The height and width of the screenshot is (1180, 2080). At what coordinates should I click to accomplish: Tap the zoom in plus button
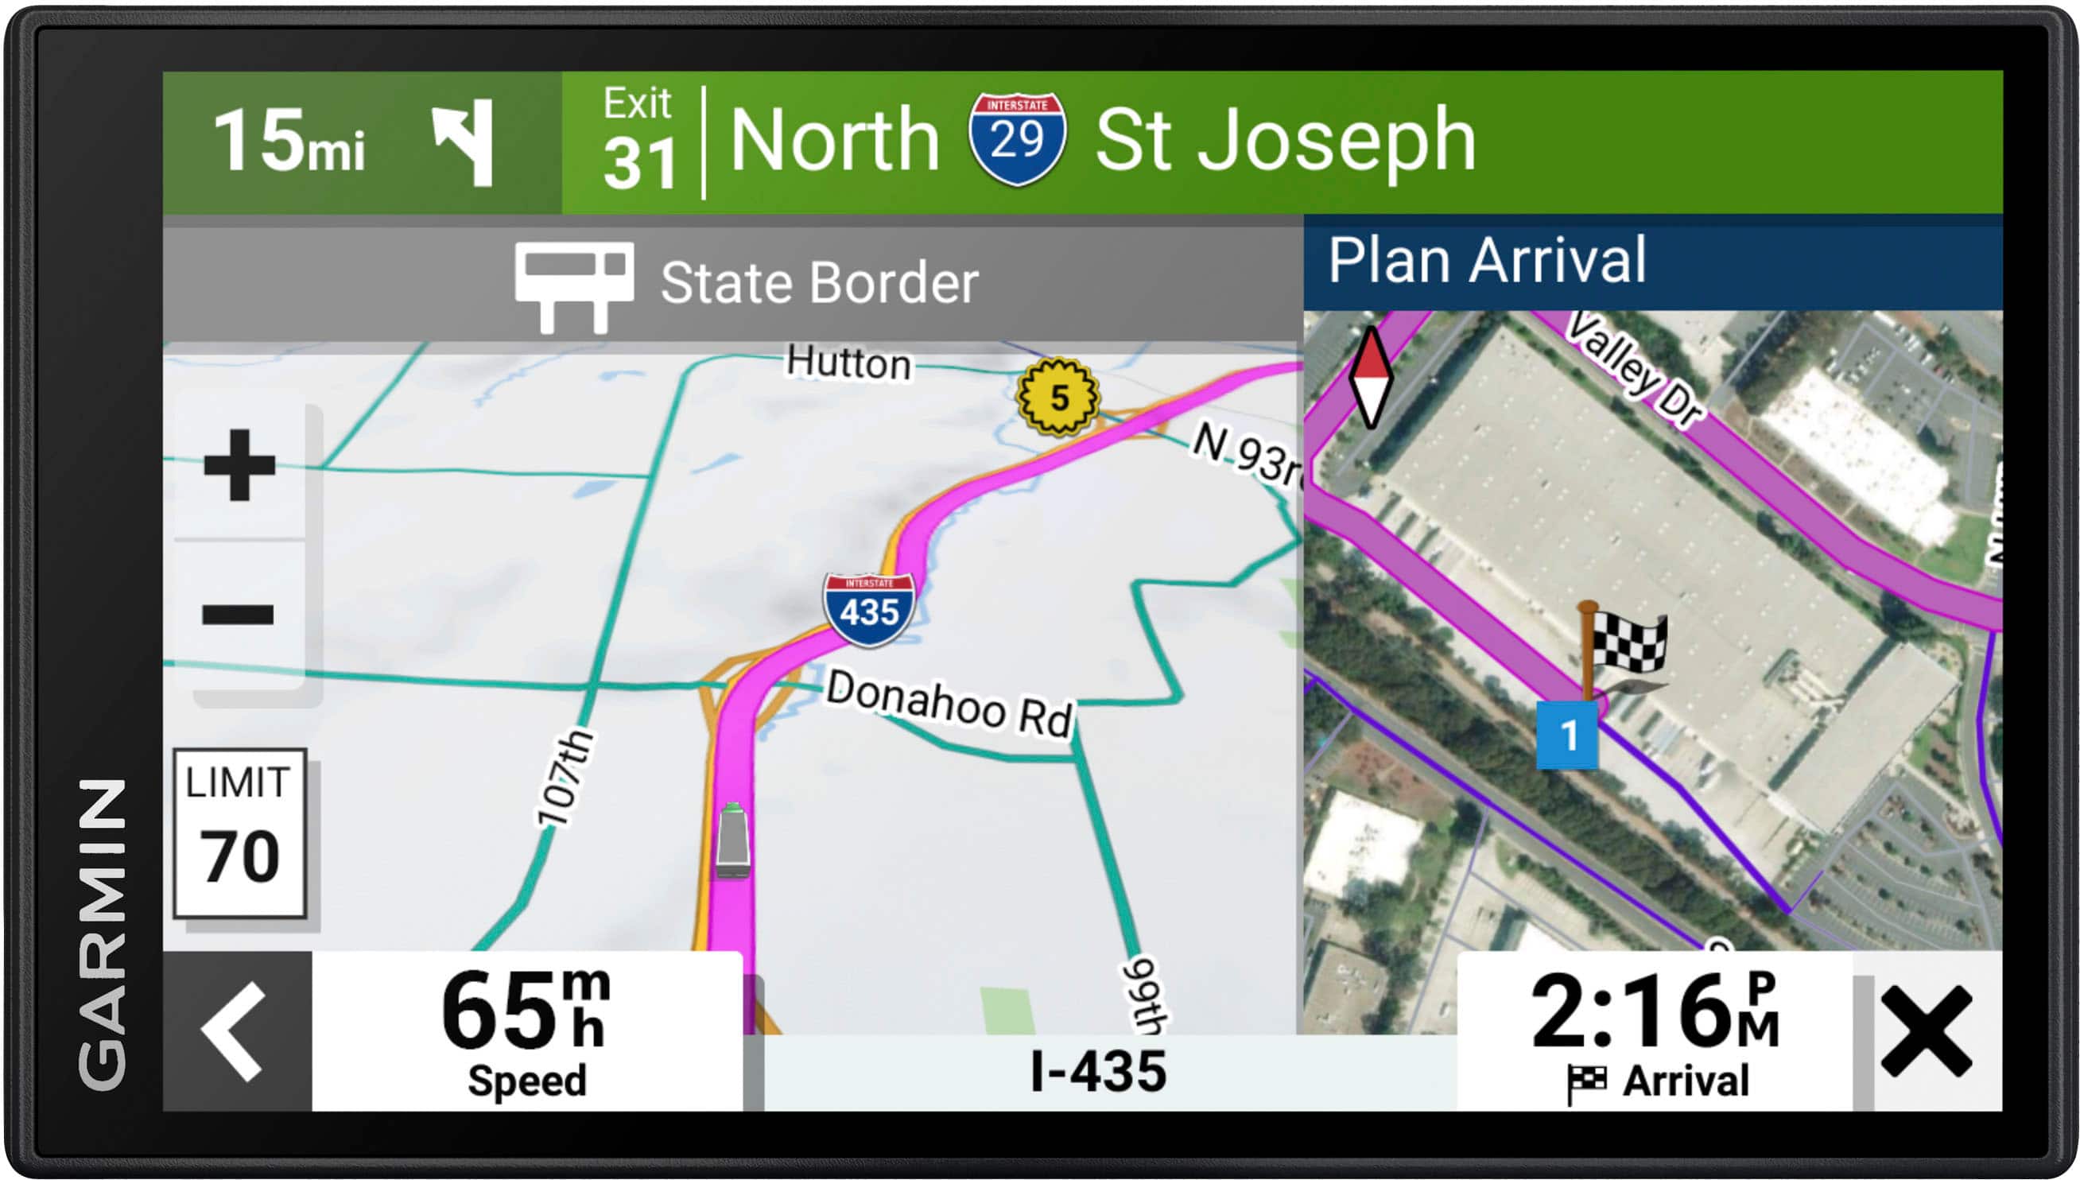tap(239, 465)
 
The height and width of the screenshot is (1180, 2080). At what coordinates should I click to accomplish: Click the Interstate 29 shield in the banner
tap(1017, 138)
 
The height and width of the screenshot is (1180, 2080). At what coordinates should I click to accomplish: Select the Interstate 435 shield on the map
tap(868, 608)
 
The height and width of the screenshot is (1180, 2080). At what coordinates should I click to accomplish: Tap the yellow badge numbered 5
tap(1058, 397)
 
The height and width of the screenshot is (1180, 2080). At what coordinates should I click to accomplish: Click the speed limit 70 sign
tap(240, 833)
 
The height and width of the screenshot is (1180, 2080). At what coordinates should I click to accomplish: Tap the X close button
tap(1926, 1031)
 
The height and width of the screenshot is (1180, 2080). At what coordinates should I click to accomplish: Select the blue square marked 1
tap(1568, 735)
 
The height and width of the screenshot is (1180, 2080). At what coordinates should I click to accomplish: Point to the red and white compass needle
tap(1370, 377)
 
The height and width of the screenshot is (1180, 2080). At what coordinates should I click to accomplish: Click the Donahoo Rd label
tap(948, 703)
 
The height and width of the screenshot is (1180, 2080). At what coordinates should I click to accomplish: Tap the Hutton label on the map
tap(848, 363)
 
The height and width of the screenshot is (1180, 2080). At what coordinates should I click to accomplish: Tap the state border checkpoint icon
tap(574, 286)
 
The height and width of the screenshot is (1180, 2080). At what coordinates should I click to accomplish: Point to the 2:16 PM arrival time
tap(1654, 1013)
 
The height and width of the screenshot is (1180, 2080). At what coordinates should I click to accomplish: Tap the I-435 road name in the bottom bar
tap(1098, 1071)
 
